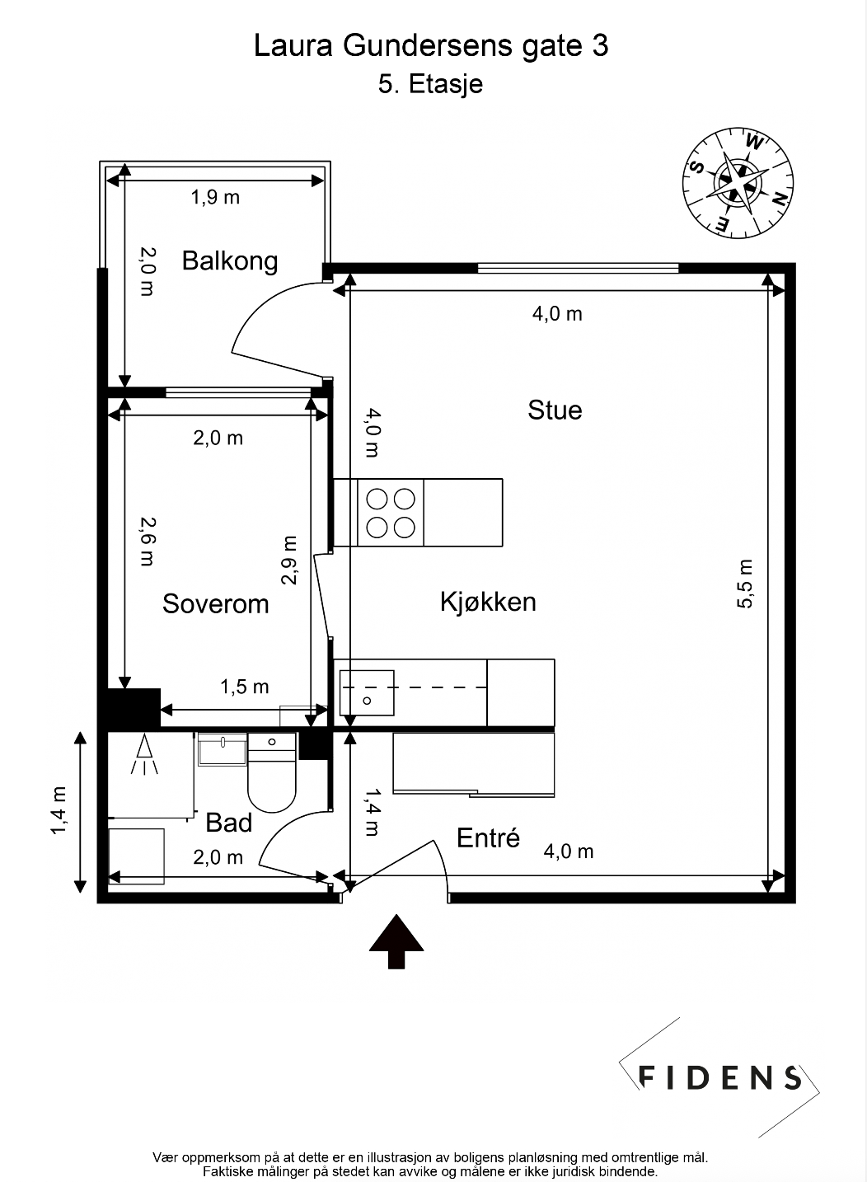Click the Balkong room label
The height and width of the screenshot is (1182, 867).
230,262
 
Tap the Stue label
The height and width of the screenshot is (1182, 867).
555,410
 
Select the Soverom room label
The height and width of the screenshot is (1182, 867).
215,603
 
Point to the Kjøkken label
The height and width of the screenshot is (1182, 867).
488,602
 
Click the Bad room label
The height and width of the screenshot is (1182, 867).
228,823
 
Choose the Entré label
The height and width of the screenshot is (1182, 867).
488,837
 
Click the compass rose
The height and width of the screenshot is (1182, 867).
738,183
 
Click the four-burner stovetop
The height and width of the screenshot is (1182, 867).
391,513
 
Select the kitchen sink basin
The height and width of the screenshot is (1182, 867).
367,693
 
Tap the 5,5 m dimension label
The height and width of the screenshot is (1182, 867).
744,584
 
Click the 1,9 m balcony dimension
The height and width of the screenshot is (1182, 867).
215,197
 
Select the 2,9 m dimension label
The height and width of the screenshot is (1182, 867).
289,561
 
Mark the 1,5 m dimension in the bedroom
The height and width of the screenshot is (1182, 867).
244,687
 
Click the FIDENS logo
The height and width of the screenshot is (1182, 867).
719,1077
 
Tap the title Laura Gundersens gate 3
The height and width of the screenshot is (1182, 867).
431,46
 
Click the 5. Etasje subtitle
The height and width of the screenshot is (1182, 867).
430,84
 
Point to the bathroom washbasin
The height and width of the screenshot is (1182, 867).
223,750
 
